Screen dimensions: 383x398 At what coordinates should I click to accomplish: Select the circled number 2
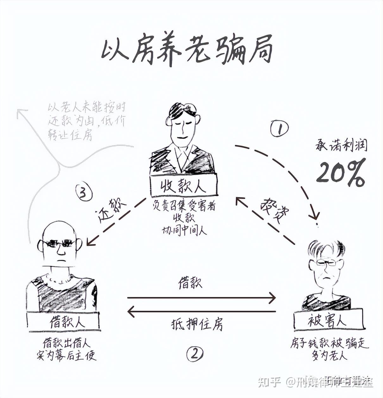195,354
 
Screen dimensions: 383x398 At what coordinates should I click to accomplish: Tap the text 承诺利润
341,145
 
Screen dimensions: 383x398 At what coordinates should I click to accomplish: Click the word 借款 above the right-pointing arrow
190,283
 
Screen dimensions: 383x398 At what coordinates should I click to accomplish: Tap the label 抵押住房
197,325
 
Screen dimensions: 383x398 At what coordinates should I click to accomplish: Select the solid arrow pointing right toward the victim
201,298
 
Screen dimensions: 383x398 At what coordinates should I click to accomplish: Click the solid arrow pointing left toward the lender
201,312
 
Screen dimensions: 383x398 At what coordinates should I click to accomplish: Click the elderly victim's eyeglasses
326,262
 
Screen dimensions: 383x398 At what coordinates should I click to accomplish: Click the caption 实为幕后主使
66,356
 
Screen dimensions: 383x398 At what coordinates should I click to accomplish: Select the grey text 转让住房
70,135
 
